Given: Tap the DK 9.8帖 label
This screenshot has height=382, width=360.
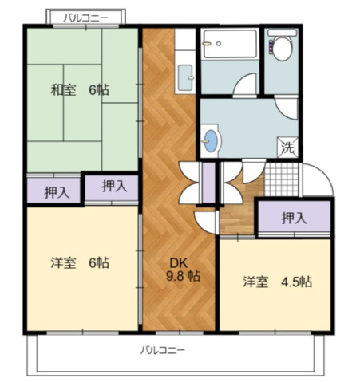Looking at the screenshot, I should [x=183, y=268].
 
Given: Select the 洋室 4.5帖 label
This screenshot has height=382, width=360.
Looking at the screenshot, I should [x=277, y=282].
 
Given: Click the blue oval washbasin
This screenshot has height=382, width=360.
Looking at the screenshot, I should [x=210, y=140].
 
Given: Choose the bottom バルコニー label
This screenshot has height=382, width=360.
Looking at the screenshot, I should [x=163, y=350].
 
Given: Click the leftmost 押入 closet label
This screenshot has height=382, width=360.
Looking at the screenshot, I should [x=56, y=191].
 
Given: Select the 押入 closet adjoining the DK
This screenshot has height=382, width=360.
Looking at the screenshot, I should [x=113, y=187].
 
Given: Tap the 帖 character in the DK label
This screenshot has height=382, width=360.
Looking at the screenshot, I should [x=194, y=276].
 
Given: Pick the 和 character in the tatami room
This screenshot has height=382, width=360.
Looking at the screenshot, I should [x=57, y=90].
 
